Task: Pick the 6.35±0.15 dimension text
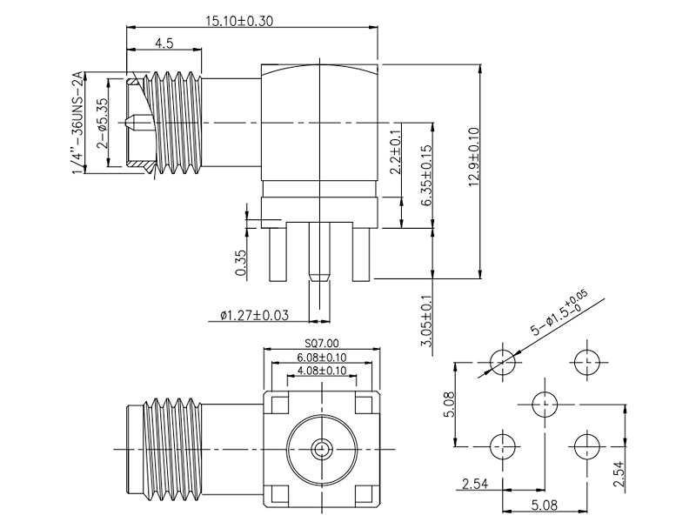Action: click(x=427, y=175)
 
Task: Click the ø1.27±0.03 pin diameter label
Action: click(x=254, y=314)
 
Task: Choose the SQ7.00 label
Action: click(x=322, y=344)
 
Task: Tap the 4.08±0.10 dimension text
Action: click(x=322, y=371)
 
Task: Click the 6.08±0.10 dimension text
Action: click(x=322, y=358)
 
